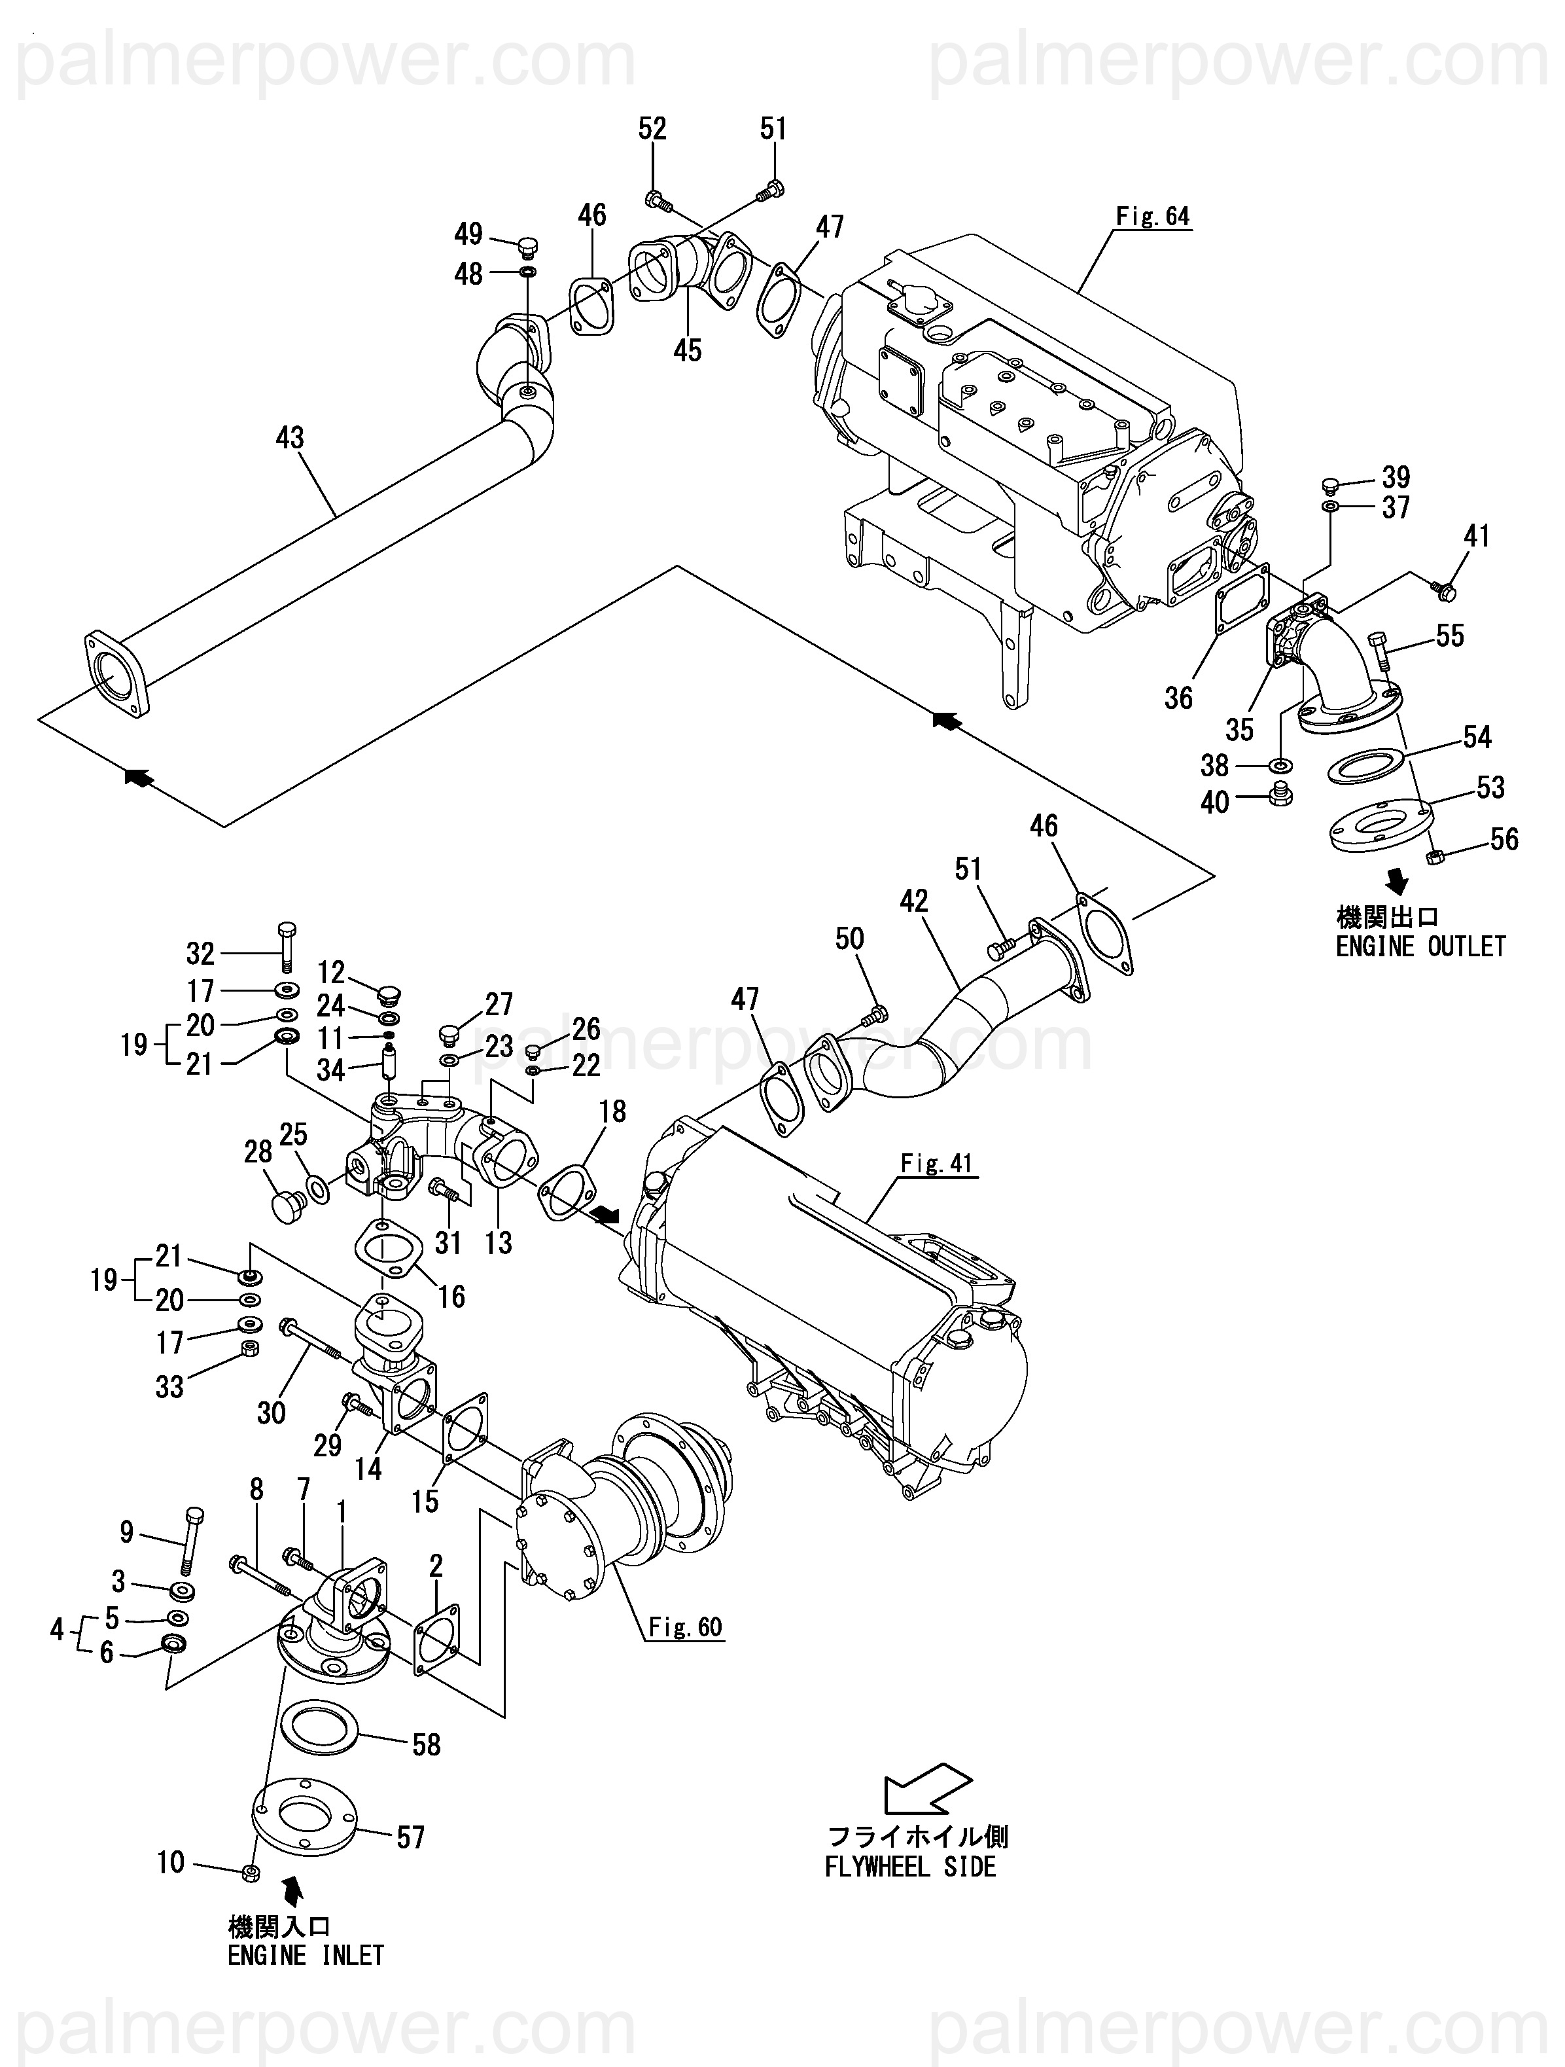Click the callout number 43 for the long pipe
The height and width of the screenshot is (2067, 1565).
coord(290,437)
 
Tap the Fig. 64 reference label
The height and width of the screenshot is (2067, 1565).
coord(1153,217)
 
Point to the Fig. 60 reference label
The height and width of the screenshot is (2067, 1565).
coord(686,1628)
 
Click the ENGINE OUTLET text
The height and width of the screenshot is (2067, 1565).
coord(1420,946)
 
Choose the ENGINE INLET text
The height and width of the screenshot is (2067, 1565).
coord(306,1956)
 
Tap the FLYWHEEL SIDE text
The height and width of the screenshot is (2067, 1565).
coord(910,1867)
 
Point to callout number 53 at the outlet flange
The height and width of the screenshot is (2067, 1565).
coord(1490,788)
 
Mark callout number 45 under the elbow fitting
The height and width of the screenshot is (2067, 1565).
coord(687,350)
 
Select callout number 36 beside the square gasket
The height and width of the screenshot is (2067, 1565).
coord(1178,698)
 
